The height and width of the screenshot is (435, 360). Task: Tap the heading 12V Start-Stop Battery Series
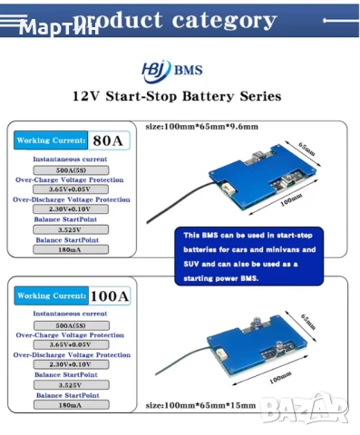[x=176, y=95]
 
